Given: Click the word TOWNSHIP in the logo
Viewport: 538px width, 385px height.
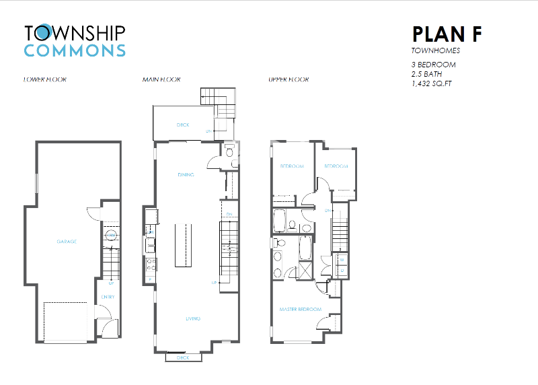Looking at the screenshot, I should pos(75,32).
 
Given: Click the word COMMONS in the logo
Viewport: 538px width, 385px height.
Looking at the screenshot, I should pos(75,50).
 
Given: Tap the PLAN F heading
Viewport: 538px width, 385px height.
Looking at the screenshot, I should pos(446,34).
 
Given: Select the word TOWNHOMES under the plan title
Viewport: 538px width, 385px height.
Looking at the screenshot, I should pos(434,50).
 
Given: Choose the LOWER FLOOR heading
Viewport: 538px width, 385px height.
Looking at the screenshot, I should pos(44,79).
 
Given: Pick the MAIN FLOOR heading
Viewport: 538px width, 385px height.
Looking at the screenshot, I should pos(161,79).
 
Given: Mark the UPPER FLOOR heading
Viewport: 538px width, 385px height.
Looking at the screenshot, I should pos(289,79).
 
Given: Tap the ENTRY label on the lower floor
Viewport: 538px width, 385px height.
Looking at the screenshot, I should pos(108,297).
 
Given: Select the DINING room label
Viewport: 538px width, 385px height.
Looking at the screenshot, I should pos(186,175).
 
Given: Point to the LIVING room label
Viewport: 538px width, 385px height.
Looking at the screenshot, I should pos(192,318).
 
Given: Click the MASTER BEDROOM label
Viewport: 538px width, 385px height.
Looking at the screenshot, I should pos(300,310).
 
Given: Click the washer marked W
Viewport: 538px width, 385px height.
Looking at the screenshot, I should pos(342,259).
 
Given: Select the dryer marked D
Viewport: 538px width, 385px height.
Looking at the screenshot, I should pos(342,271).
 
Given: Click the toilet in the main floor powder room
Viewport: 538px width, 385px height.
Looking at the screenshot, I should pos(229,152).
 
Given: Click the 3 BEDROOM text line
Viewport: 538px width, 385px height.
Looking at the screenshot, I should pos(433,65).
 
